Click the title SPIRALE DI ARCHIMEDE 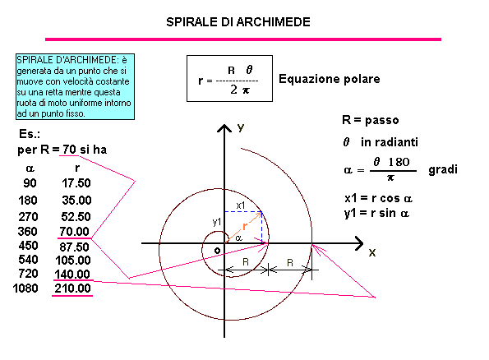[238, 22]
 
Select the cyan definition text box [75, 87]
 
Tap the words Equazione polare [330, 79]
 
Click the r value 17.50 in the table [76, 183]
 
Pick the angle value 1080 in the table [25, 288]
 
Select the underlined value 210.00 [72, 288]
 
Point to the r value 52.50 [76, 217]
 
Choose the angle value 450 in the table [28, 246]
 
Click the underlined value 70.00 [74, 232]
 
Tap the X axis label [372, 252]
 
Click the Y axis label [241, 127]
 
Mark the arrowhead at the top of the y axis [224, 125]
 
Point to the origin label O [217, 251]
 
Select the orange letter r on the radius [245, 226]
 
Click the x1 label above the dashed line [241, 205]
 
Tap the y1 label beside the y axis [217, 222]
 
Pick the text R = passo [371, 120]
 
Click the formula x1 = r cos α [379, 198]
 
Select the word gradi [443, 170]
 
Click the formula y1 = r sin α [376, 214]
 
